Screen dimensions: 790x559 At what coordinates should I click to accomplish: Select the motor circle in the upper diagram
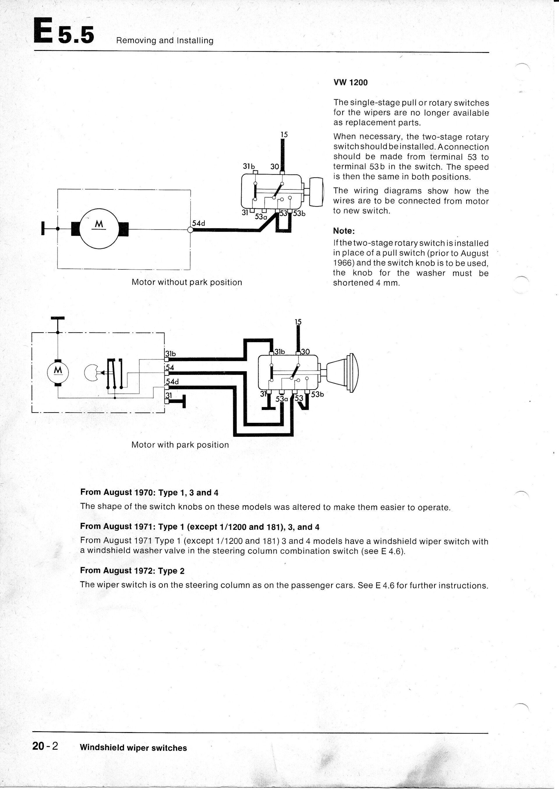(x=99, y=228)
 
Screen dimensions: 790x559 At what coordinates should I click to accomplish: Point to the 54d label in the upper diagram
(x=199, y=223)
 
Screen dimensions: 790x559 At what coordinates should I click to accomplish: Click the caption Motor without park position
(x=187, y=283)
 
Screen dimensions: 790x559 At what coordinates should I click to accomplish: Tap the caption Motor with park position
(x=180, y=445)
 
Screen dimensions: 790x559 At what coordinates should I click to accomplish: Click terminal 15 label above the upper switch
(x=284, y=134)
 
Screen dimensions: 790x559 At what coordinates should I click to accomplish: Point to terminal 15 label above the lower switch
(x=298, y=322)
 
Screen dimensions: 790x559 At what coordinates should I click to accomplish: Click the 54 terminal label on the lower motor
(x=170, y=368)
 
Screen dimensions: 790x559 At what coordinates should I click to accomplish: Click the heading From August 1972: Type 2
(x=132, y=571)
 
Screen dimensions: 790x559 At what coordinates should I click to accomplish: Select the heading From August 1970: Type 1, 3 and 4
(x=149, y=492)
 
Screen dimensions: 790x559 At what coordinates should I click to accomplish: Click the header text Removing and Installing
(x=165, y=41)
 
